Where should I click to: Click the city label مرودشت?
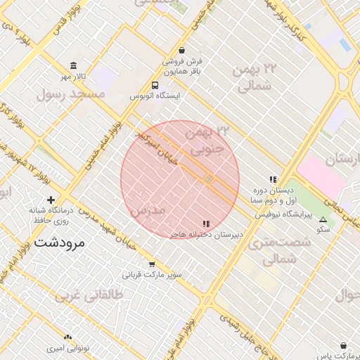pos(58,243)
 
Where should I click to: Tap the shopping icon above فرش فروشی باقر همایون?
pos(182,51)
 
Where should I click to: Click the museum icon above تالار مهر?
pos(74,65)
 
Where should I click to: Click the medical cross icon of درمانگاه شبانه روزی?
pos(51,200)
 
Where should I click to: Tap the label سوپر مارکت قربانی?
pos(153,274)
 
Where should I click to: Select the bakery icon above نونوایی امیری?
pos(68,338)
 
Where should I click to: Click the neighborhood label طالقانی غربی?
pos(89,296)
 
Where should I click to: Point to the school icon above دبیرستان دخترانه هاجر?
pos(206,224)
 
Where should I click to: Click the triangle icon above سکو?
pos(323,219)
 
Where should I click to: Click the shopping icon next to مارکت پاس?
pos(342,346)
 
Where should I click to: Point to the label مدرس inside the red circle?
pos(148,210)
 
